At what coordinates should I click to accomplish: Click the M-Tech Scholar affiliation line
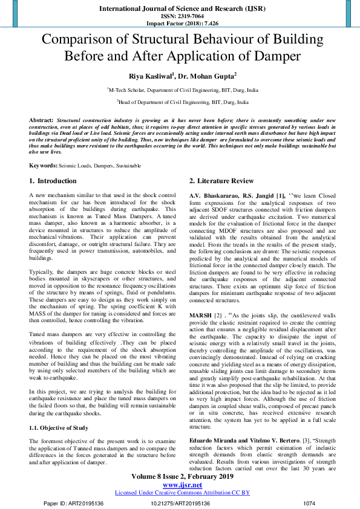pos(182,89)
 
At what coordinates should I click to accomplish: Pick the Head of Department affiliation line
pos(182,103)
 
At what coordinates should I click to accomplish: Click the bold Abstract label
pos(41,121)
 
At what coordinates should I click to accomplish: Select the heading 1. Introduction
pos(53,181)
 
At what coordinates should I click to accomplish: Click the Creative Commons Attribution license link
pos(182,493)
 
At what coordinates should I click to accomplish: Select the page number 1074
pos(309,503)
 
